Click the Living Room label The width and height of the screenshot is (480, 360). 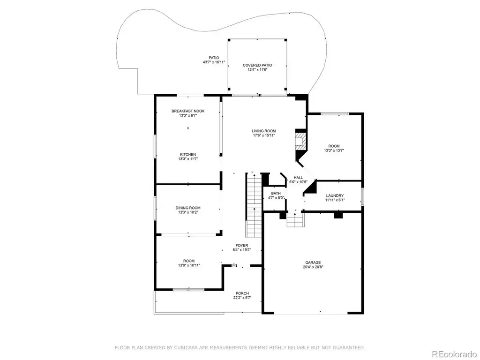[x=264, y=131]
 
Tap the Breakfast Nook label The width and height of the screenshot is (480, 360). [x=188, y=111]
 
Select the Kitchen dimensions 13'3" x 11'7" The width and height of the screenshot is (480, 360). [x=188, y=159]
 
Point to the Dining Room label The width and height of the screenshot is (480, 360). [x=188, y=208]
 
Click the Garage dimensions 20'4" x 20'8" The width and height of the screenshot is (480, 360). [x=313, y=267]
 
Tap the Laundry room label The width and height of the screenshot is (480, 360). [x=335, y=195]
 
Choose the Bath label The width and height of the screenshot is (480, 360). [x=276, y=194]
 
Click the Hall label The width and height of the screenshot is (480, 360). [x=298, y=178]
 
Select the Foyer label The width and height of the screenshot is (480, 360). [x=242, y=246]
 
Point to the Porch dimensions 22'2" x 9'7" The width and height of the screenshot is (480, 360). [x=242, y=298]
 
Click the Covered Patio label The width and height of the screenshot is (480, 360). [x=257, y=65]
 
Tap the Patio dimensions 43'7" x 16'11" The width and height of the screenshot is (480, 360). [x=214, y=62]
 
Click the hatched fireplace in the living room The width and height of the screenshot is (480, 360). [x=300, y=141]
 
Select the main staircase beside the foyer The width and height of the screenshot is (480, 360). [x=254, y=205]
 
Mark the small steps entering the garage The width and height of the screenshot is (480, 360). [x=296, y=220]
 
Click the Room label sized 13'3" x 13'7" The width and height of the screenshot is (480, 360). [x=334, y=146]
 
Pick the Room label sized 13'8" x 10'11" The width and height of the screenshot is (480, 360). [x=189, y=261]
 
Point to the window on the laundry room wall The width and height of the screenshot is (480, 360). [x=362, y=197]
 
